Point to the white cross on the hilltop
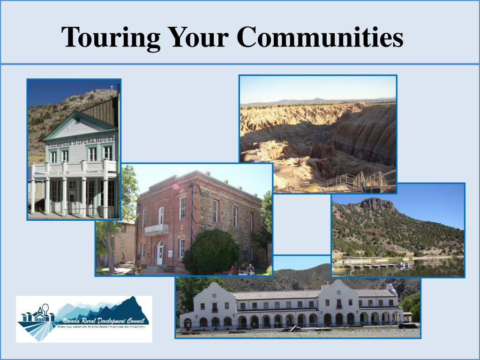pyautogui.click(x=112, y=87)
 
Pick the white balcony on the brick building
pyautogui.click(x=157, y=229)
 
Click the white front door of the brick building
pyautogui.click(x=160, y=255)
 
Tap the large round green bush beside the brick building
pyautogui.click(x=211, y=252)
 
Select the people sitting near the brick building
pyautogui.click(x=242, y=269)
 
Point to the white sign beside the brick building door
pyautogui.click(x=170, y=254)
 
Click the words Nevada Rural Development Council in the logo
pyautogui.click(x=105, y=321)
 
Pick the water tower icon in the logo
pyautogui.click(x=46, y=310)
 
